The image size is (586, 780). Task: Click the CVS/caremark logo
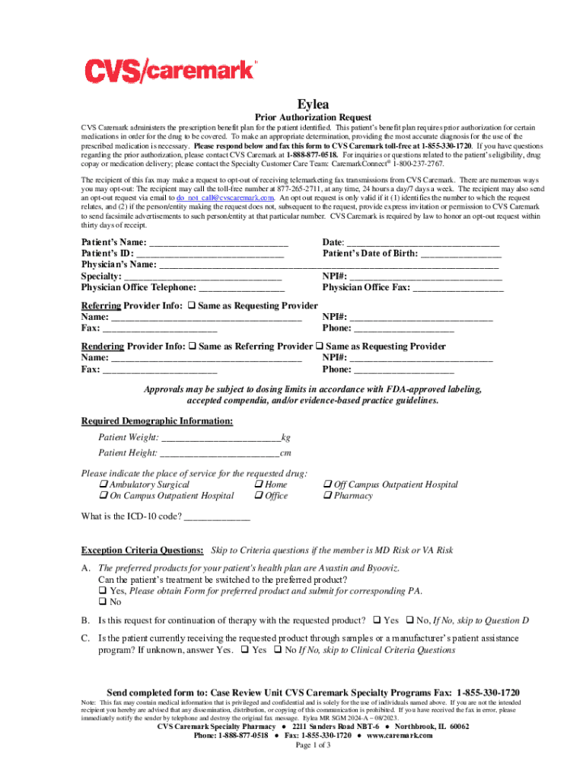(168, 71)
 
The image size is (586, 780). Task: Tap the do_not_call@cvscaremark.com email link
(213, 197)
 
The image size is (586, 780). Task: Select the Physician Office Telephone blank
(241, 288)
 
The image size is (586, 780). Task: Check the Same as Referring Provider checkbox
(193, 347)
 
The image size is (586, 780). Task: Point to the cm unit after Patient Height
(286, 453)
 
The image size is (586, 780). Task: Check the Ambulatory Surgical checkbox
(103, 484)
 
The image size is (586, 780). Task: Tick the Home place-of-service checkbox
(258, 484)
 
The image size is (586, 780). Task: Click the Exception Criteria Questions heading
(142, 550)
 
